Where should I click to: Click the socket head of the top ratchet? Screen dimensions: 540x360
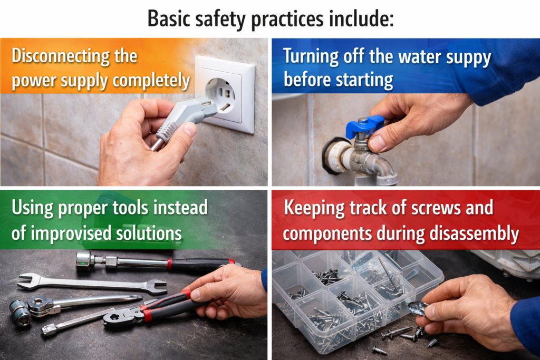point(83,260)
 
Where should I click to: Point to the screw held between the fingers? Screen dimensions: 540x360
point(418,306)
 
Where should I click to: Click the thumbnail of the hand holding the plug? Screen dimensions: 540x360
point(189,130)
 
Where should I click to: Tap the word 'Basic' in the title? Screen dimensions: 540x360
point(169,18)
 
